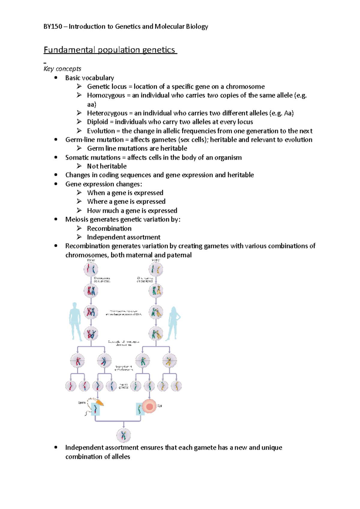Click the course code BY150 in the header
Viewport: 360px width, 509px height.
coord(53,27)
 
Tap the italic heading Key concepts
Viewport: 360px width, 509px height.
coord(62,69)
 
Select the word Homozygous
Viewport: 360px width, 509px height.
coord(106,95)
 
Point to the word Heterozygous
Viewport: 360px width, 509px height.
coord(107,113)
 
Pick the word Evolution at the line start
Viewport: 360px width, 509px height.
coord(101,131)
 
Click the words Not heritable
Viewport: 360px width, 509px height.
coord(107,166)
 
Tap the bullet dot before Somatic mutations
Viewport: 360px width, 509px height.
coord(56,157)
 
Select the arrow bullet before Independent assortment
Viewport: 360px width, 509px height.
coord(79,237)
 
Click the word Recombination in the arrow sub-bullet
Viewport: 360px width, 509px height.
coord(109,228)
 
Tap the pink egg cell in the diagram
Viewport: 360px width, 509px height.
coord(149,406)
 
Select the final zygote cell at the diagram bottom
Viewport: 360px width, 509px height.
coord(124,436)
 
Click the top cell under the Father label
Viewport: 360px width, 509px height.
coord(91,269)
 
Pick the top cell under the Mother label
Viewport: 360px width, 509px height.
coord(156,269)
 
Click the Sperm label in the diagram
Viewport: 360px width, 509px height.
coord(82,403)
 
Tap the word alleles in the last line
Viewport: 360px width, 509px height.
coord(121,457)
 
